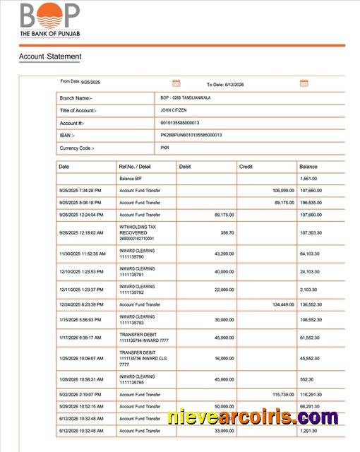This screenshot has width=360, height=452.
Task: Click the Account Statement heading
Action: (49, 56)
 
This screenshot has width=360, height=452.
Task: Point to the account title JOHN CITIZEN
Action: (174, 110)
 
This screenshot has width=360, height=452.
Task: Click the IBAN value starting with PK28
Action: (191, 135)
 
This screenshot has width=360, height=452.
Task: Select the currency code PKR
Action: (164, 148)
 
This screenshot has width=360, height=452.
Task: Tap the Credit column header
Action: (246, 167)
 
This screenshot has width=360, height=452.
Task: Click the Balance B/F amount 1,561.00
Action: (309, 179)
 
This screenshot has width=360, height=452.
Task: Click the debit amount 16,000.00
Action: (224, 358)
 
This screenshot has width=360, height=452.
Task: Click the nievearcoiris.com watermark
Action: (253, 417)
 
